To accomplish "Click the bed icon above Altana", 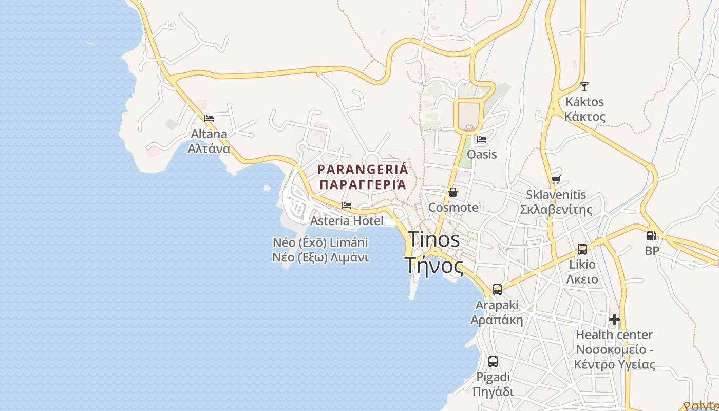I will pyautogui.click(x=209, y=118).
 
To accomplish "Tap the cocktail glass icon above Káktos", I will pyautogui.click(x=584, y=86).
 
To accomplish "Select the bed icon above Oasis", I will pyautogui.click(x=481, y=139).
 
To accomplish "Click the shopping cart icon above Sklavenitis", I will pyautogui.click(x=556, y=179).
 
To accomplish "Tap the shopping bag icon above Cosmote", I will pyautogui.click(x=453, y=192).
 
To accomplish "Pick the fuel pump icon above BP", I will pyautogui.click(x=651, y=236).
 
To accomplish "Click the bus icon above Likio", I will pyautogui.click(x=582, y=249).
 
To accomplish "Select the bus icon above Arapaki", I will pyautogui.click(x=497, y=289).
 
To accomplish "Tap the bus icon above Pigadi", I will pyautogui.click(x=493, y=362).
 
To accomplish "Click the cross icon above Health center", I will pyautogui.click(x=614, y=320).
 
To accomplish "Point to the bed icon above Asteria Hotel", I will pyautogui.click(x=347, y=206).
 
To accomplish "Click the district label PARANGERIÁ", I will pyautogui.click(x=363, y=169).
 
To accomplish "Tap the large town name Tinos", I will pyautogui.click(x=434, y=239).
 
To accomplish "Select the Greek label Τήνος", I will pyautogui.click(x=434, y=266).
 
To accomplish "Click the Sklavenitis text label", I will pyautogui.click(x=556, y=195).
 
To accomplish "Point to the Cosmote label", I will pyautogui.click(x=453, y=208).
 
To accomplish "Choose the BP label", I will pyautogui.click(x=652, y=251).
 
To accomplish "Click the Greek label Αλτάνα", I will pyautogui.click(x=209, y=149).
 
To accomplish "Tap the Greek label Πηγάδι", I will pyautogui.click(x=493, y=391).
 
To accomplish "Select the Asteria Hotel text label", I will pyautogui.click(x=347, y=221).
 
